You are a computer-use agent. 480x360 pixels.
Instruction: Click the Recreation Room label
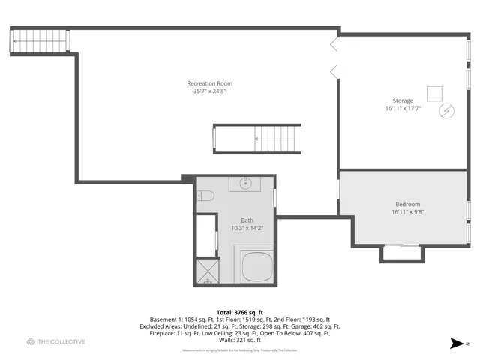pyautogui.click(x=209, y=83)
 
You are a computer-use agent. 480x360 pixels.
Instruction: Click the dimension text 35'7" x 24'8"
pyautogui.click(x=209, y=91)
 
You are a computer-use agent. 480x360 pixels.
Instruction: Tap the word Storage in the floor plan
pyautogui.click(x=403, y=100)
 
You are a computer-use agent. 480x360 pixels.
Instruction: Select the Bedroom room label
pyautogui.click(x=407, y=204)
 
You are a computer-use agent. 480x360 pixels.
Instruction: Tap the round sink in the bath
pyautogui.click(x=245, y=183)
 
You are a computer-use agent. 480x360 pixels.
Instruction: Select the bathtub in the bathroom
pyautogui.click(x=256, y=267)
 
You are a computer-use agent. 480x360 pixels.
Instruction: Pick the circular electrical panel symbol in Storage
pyautogui.click(x=445, y=110)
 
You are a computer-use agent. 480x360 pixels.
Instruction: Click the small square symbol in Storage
pyautogui.click(x=434, y=93)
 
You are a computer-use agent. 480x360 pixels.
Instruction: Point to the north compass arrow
pyautogui.click(x=457, y=343)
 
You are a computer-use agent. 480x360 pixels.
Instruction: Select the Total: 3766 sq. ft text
pyautogui.click(x=239, y=312)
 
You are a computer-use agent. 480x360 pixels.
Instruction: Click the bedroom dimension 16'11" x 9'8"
pyautogui.click(x=407, y=212)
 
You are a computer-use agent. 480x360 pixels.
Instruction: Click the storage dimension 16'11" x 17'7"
pyautogui.click(x=403, y=109)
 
